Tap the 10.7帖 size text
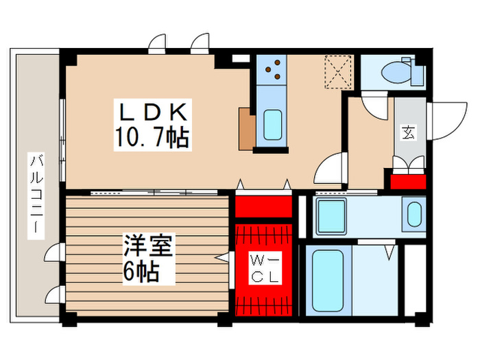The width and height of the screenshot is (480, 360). click(152, 139)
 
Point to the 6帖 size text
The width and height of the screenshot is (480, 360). click(141, 272)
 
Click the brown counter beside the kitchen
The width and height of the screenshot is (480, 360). click(246, 129)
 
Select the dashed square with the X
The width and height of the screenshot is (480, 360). click(338, 71)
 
